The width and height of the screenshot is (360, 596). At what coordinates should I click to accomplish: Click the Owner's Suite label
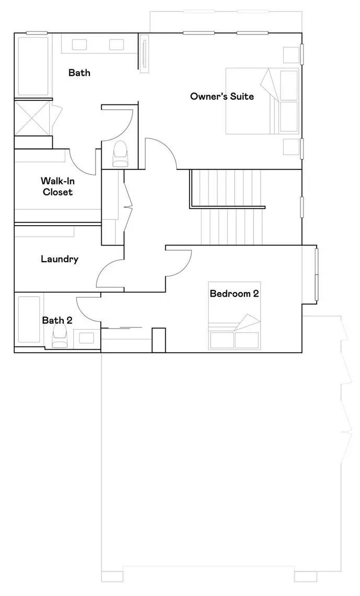[222, 96]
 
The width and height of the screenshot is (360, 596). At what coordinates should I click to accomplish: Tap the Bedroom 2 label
[234, 294]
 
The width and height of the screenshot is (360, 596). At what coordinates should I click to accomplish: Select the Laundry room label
[60, 259]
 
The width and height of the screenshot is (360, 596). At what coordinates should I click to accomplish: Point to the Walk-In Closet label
[56, 186]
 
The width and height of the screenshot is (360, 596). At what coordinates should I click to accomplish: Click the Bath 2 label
[57, 320]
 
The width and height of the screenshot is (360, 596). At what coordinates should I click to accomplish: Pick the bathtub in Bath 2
[29, 320]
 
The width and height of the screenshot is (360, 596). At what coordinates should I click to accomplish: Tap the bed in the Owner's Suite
[262, 100]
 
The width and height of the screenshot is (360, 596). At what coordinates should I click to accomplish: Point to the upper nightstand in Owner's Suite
[290, 55]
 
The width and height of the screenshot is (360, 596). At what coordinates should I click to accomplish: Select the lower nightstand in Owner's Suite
[290, 147]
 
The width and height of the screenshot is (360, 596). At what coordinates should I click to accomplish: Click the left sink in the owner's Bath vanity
[79, 44]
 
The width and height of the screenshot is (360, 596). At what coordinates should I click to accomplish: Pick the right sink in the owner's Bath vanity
[116, 44]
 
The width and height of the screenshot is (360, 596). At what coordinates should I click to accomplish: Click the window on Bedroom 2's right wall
[316, 274]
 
